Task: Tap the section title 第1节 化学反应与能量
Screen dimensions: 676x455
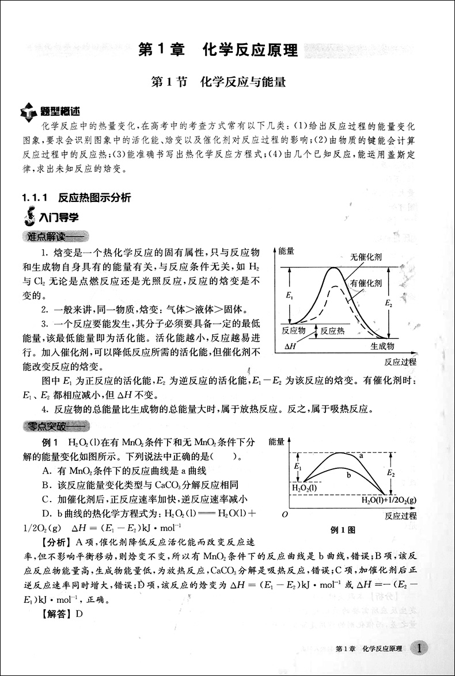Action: [218, 82]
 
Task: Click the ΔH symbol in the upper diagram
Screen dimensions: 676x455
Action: [291, 346]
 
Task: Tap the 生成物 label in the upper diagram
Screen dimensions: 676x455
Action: [382, 346]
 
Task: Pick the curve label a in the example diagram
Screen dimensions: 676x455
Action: [361, 456]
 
